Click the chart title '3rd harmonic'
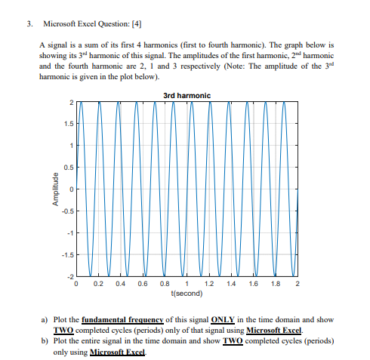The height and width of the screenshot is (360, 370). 187,94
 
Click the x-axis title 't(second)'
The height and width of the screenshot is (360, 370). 187,292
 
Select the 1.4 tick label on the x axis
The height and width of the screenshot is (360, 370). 231,284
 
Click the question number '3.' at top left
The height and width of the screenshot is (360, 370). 28,23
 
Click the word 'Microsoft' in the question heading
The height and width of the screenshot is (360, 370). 61,23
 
